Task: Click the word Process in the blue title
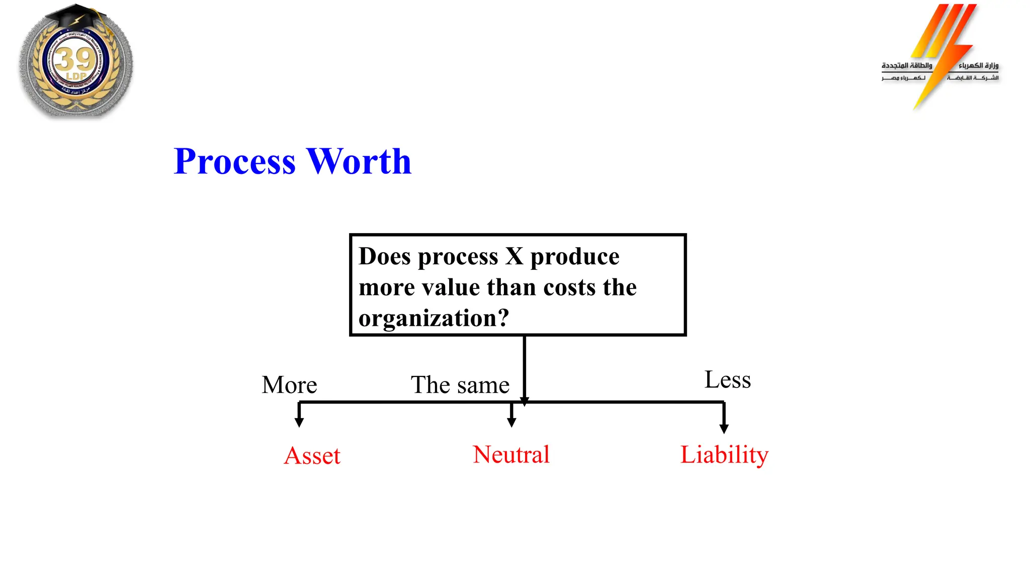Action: coord(234,162)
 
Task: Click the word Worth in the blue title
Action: coord(359,162)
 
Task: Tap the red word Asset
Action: coord(312,456)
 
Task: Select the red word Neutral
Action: coord(511,454)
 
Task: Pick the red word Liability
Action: coord(724,455)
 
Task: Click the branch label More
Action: coord(289,385)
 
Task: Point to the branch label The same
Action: coord(460,385)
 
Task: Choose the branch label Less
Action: coord(727,379)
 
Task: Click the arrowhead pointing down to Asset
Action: coord(299,422)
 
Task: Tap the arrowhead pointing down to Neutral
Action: coord(511,422)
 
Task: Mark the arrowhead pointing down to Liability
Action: coord(724,428)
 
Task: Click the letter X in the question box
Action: coord(514,256)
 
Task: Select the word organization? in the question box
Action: coord(434,319)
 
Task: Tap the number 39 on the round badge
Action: coord(75,59)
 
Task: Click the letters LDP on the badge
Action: coord(76,76)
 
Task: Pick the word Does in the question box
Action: coord(385,256)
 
